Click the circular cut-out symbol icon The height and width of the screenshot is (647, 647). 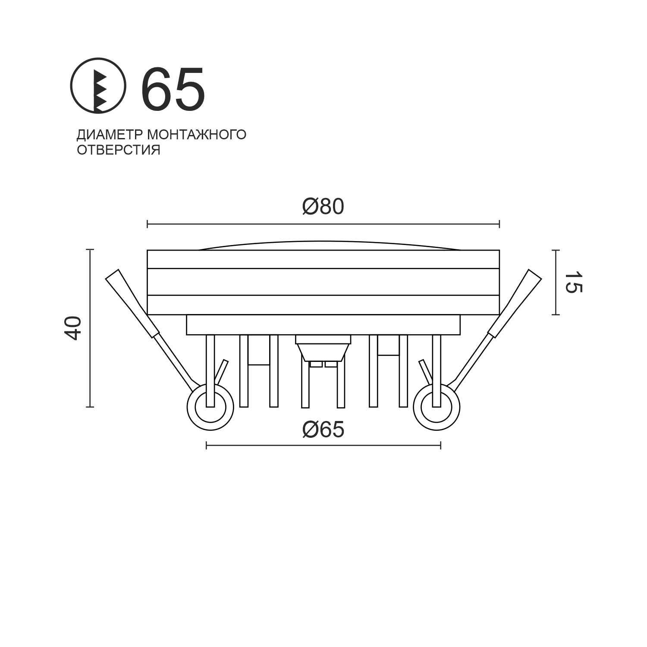[98, 85]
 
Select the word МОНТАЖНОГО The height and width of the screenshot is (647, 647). [197, 135]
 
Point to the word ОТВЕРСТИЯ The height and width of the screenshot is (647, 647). [119, 150]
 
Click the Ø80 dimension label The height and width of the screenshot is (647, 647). [323, 207]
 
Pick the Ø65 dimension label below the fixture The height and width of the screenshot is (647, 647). [323, 430]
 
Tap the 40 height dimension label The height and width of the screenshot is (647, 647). [72, 328]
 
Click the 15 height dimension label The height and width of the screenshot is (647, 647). [573, 283]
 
